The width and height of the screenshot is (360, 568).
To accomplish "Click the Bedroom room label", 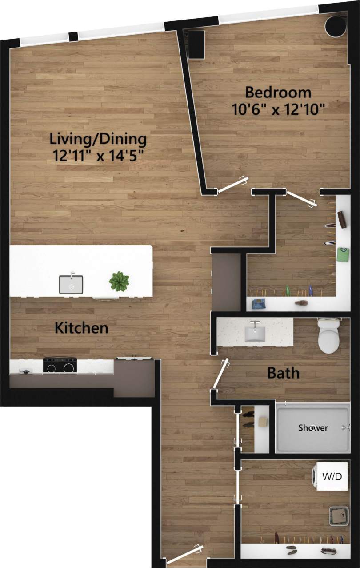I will pyautogui.click(x=278, y=93).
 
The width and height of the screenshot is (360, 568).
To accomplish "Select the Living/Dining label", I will pyautogui.click(x=98, y=139).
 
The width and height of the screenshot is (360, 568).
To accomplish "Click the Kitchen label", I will pyautogui.click(x=81, y=328).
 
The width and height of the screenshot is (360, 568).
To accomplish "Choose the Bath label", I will pyautogui.click(x=283, y=373).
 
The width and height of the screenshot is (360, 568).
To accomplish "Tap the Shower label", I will pyautogui.click(x=313, y=427).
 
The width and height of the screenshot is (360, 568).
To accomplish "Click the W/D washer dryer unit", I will pyautogui.click(x=331, y=477).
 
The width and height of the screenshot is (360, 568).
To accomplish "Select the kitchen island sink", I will pyautogui.click(x=71, y=284).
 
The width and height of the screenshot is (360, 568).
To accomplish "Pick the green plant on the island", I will pyautogui.click(x=119, y=281).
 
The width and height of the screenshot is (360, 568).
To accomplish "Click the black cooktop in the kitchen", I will pyautogui.click(x=60, y=366).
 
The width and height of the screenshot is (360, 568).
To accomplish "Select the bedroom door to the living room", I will pyautogui.click(x=232, y=185).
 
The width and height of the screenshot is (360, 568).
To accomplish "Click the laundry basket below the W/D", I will pyautogui.click(x=338, y=516).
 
